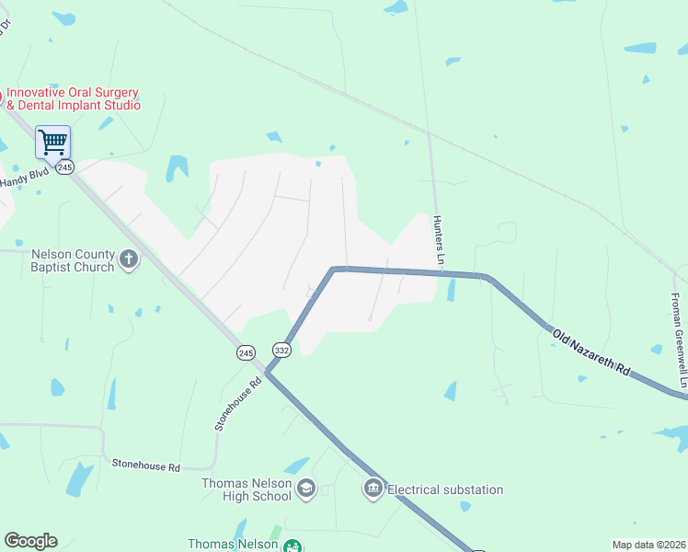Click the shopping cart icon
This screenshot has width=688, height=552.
(x=52, y=143)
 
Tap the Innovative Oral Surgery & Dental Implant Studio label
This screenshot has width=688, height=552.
(x=74, y=98)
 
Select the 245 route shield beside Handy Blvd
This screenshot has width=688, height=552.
(x=64, y=167)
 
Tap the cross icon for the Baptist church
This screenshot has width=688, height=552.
(x=129, y=260)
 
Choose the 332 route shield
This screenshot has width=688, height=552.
(x=281, y=350)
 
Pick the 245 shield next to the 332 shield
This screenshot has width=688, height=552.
(x=246, y=353)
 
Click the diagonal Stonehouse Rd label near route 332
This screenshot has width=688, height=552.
(x=237, y=402)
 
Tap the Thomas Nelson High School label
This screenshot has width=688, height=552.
(x=247, y=489)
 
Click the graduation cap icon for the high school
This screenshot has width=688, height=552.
(x=307, y=488)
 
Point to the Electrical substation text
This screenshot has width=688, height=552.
(x=445, y=489)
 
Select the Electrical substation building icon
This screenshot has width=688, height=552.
(x=373, y=488)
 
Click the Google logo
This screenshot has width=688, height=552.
(x=30, y=541)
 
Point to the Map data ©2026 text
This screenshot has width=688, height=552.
(x=648, y=545)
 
